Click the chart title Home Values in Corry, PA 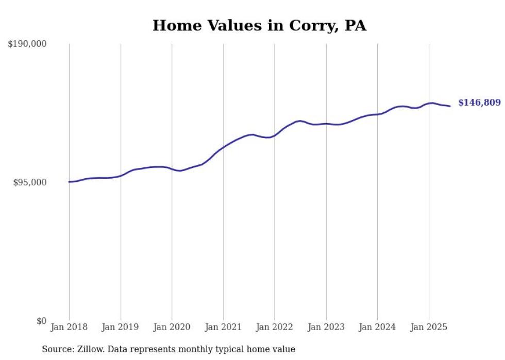tap(259, 25)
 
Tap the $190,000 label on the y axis tap(27, 44)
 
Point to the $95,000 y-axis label tap(30, 182)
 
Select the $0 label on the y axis tap(42, 321)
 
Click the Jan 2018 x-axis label tap(69, 327)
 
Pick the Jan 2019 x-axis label tap(121, 327)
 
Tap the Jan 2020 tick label tap(172, 327)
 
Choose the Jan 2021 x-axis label tap(223, 327)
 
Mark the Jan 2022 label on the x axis tap(275, 327)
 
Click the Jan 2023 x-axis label tap(326, 327)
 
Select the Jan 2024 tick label tap(377, 327)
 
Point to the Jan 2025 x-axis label tap(429, 327)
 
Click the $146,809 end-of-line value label tap(479, 103)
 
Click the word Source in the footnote tap(56, 349)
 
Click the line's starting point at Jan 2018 tap(69, 182)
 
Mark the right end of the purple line tap(450, 106)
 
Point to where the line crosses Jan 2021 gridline tap(223, 148)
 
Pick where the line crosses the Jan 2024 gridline tap(377, 114)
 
